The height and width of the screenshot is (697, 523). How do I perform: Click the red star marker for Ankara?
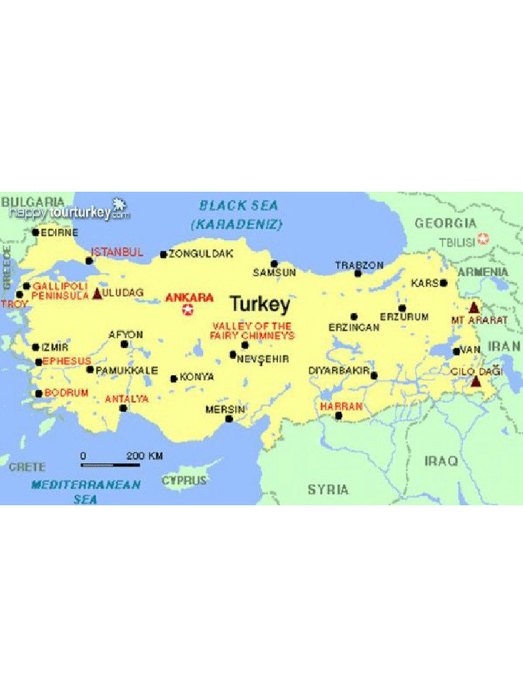[x=188, y=310]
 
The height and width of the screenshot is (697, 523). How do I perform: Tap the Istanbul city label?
[x=117, y=252]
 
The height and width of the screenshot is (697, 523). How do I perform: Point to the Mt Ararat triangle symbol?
[x=474, y=307]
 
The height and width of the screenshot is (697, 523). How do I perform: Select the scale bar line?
[x=110, y=466]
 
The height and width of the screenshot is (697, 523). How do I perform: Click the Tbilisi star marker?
[x=483, y=238]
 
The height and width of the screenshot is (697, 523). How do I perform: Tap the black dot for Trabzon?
[x=358, y=274]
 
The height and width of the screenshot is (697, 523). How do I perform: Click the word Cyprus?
[x=184, y=481]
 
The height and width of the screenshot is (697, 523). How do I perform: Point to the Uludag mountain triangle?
[x=97, y=293]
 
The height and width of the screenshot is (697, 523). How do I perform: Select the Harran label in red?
[x=340, y=406]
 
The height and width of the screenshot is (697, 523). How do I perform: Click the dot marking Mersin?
[x=229, y=419]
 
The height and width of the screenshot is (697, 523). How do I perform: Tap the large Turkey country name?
[x=259, y=304]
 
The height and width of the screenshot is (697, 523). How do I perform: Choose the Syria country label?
[x=328, y=489]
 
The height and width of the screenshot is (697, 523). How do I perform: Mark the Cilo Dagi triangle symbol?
[x=475, y=381]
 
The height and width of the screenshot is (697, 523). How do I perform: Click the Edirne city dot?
[x=35, y=232]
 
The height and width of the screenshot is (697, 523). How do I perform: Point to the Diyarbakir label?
[x=338, y=370]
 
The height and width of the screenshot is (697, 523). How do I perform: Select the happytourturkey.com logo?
[x=69, y=212]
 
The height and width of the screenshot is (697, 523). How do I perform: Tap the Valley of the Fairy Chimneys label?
[x=252, y=331]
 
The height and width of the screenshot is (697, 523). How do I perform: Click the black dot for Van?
[x=456, y=352]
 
